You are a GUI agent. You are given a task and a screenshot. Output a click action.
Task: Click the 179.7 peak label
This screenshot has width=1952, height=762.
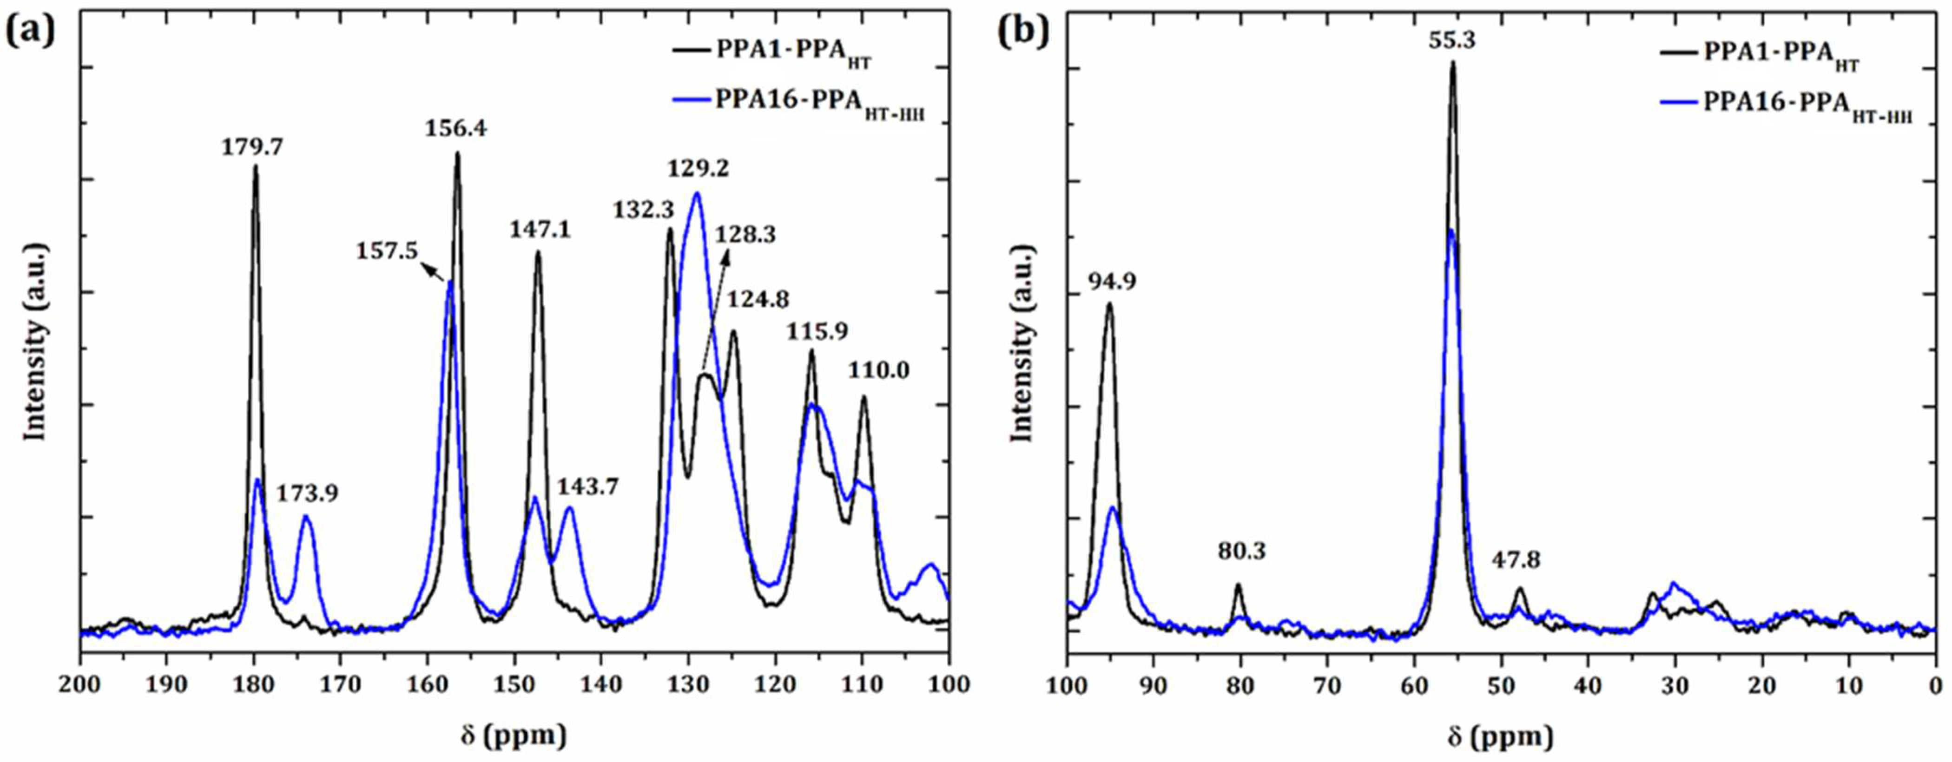pyautogui.click(x=252, y=147)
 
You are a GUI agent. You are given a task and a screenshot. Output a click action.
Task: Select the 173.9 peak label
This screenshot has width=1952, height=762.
pyautogui.click(x=307, y=494)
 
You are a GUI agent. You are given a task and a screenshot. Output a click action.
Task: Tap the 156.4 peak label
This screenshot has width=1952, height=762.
pyautogui.click(x=455, y=129)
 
